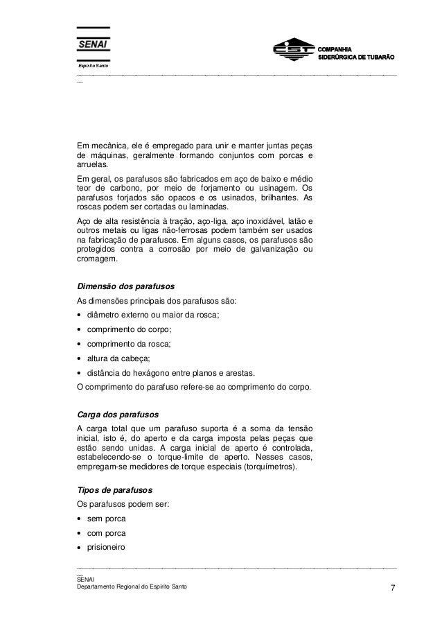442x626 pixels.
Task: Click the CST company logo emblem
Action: point(290,51)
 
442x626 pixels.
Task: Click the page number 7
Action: point(393,589)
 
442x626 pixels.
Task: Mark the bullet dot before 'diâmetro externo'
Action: point(80,316)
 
